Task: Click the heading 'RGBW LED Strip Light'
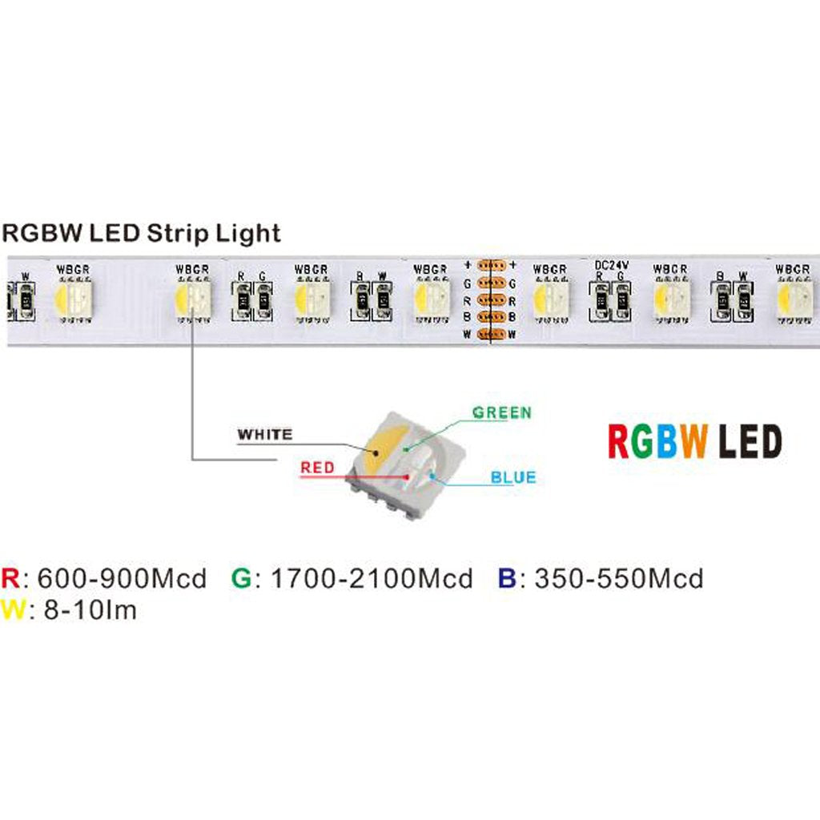click(x=142, y=233)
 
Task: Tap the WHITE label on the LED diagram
click(x=265, y=435)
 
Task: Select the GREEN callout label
click(x=501, y=412)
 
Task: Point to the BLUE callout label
click(x=513, y=478)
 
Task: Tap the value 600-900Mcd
click(x=122, y=578)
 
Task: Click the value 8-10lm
click(x=87, y=610)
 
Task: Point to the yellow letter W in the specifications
click(x=13, y=610)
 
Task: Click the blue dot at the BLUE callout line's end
click(x=432, y=476)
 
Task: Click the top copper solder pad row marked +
click(x=489, y=266)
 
